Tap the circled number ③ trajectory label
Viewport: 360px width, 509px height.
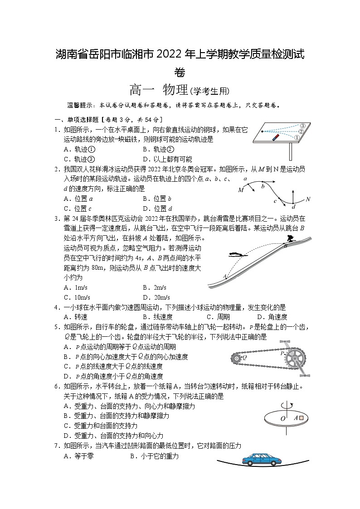tap(302, 126)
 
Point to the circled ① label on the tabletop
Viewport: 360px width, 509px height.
tap(297, 138)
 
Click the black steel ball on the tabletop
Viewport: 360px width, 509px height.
tap(261, 131)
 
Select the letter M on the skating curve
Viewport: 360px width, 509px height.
tap(240, 190)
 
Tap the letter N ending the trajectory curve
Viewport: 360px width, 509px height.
tap(308, 199)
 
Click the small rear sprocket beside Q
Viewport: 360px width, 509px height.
tap(237, 357)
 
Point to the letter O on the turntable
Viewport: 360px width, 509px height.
tap(283, 419)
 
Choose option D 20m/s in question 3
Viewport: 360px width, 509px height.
tap(156, 297)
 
